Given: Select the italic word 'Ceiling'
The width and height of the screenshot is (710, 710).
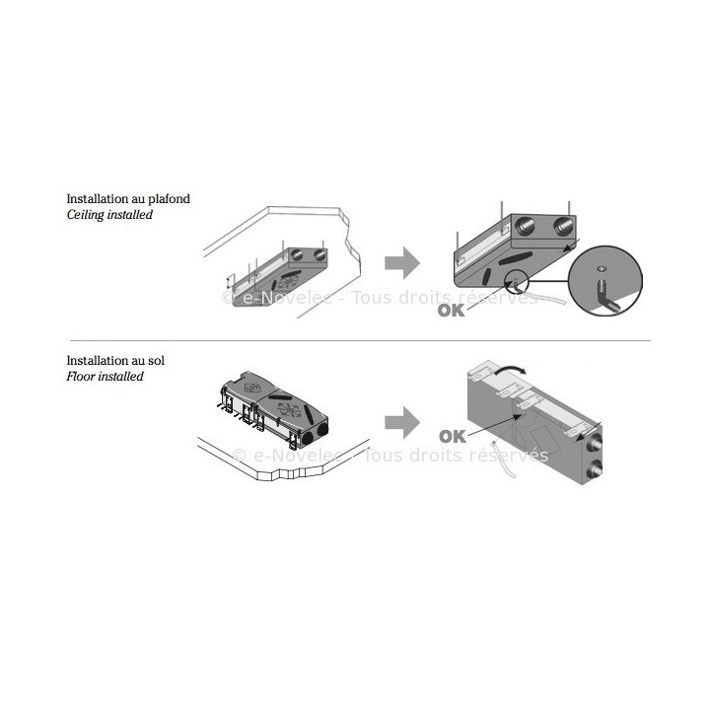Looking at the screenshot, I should click(86, 214).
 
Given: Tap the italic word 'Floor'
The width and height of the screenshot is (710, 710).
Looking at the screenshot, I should click(81, 377).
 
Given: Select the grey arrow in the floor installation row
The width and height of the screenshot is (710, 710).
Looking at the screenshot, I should click(399, 424).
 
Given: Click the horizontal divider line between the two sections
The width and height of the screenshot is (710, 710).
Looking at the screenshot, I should click(355, 340).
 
